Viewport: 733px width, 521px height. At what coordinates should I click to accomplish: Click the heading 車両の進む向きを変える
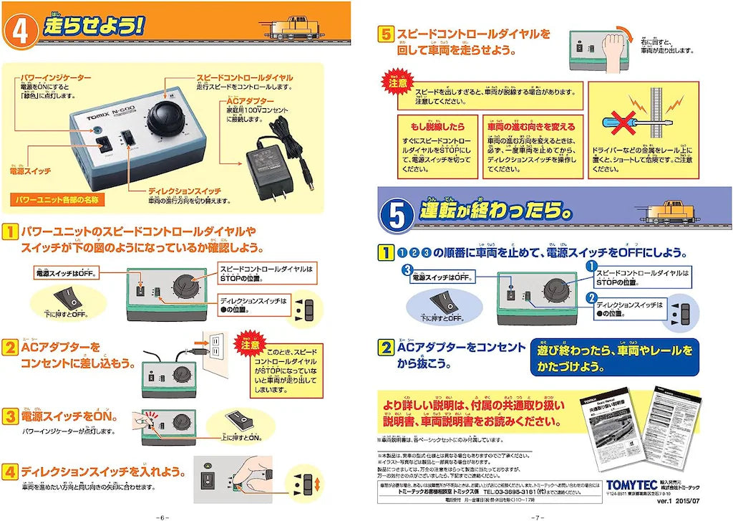[x=530, y=126]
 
